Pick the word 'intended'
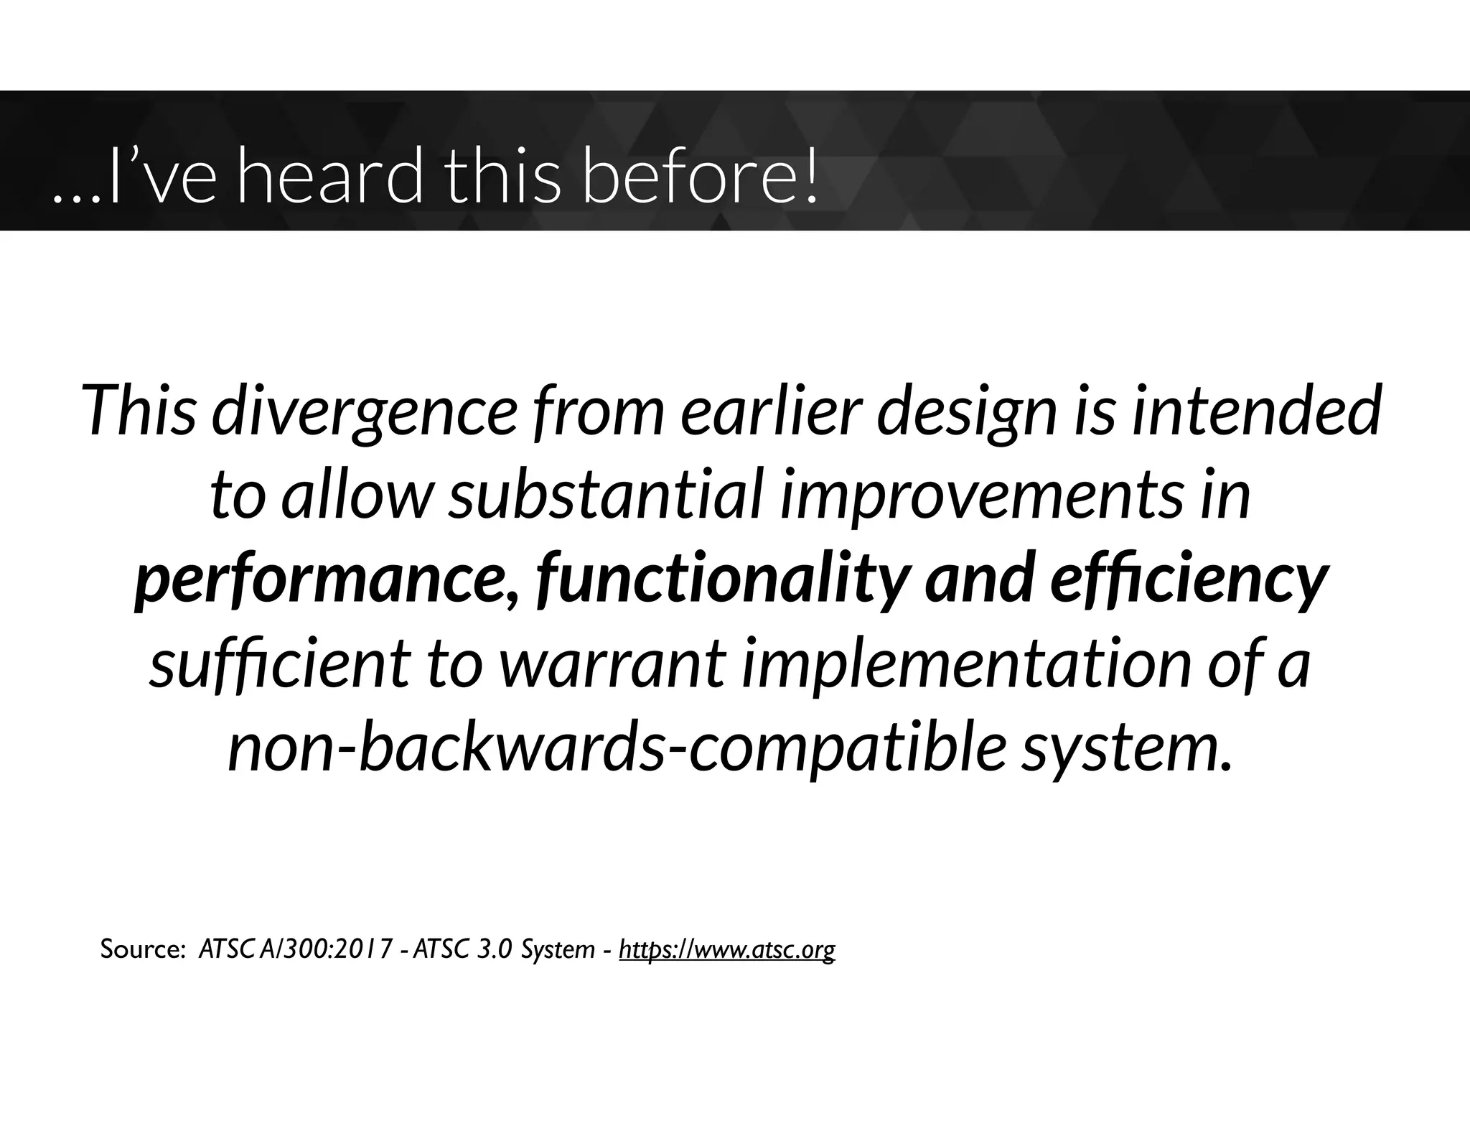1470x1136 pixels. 1256,412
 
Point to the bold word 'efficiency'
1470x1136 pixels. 1188,580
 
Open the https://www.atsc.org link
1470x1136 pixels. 726,949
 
